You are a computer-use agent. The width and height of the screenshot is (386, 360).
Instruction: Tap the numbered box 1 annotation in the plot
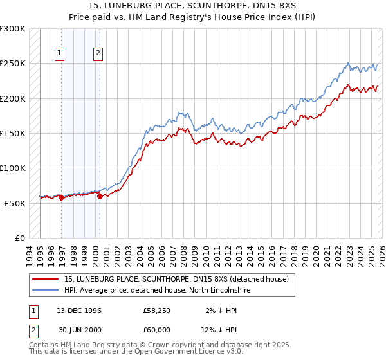[x=59, y=54]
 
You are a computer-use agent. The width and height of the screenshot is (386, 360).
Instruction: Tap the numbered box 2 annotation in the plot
[x=98, y=54]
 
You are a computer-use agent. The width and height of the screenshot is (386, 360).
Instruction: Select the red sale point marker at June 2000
[x=100, y=196]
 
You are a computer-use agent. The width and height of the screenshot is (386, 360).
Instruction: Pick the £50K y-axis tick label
[x=15, y=203]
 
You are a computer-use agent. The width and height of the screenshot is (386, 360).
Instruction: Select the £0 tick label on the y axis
[x=21, y=238]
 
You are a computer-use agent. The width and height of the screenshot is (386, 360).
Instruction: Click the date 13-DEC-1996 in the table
[x=74, y=310]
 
